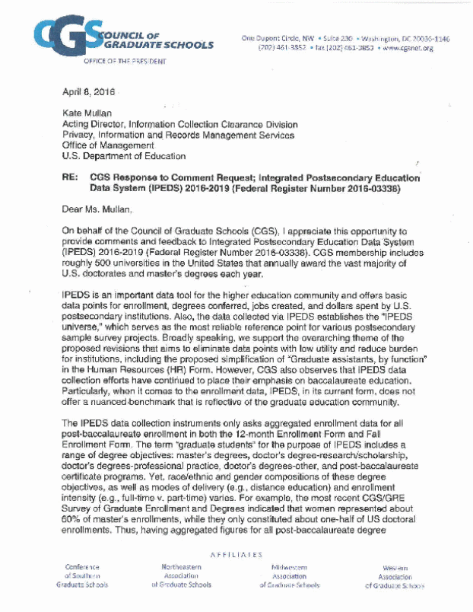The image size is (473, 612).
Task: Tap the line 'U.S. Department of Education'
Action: click(124, 155)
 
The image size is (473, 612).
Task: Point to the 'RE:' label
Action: click(69, 176)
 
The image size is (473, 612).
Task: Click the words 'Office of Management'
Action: click(107, 145)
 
